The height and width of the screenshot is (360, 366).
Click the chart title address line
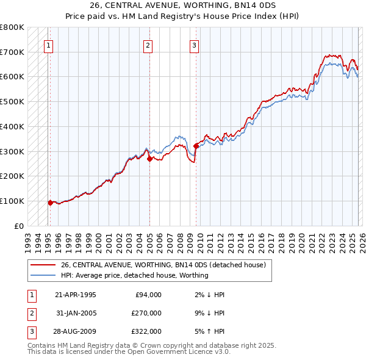[182, 5]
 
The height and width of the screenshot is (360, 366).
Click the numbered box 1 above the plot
[48, 45]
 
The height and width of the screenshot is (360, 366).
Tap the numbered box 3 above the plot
[194, 45]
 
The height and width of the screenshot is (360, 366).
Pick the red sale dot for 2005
[149, 159]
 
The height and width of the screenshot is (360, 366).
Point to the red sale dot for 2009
[196, 146]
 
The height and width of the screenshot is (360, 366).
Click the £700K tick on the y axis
[12, 52]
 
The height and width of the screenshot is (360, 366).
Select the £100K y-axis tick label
[12, 201]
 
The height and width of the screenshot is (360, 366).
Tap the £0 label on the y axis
[18, 226]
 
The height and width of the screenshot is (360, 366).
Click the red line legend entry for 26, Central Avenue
[163, 265]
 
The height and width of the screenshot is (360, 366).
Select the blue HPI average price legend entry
[134, 275]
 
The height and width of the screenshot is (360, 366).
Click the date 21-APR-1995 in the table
[75, 295]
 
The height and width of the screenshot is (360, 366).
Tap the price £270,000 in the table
[146, 313]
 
